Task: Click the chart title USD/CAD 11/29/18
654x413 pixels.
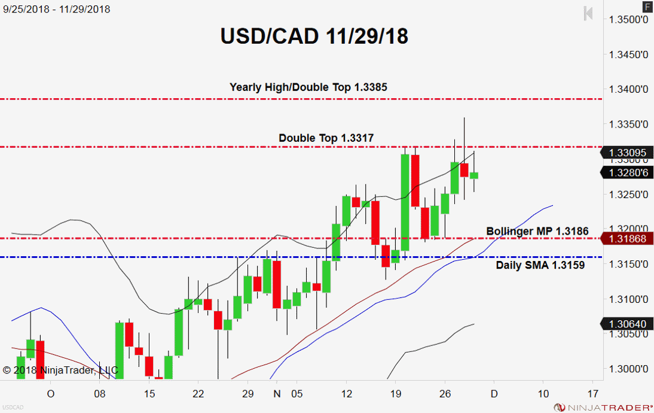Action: point(314,37)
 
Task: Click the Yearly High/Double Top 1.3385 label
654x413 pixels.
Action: point(308,87)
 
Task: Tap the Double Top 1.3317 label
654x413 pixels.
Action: point(326,138)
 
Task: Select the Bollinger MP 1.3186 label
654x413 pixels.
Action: point(537,231)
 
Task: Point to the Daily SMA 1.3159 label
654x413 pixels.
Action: point(540,265)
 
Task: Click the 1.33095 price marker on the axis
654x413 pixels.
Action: point(628,153)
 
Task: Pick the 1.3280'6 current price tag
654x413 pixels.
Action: point(628,173)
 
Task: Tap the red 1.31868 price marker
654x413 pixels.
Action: point(628,239)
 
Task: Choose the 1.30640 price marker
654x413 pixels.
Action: point(628,324)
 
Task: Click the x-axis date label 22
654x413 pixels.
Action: point(199,394)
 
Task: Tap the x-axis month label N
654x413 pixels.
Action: point(276,394)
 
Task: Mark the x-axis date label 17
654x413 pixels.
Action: point(593,394)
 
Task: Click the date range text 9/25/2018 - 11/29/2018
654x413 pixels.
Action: point(57,10)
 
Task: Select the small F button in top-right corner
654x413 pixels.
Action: point(647,7)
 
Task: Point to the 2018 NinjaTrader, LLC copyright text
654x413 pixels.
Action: point(60,370)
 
